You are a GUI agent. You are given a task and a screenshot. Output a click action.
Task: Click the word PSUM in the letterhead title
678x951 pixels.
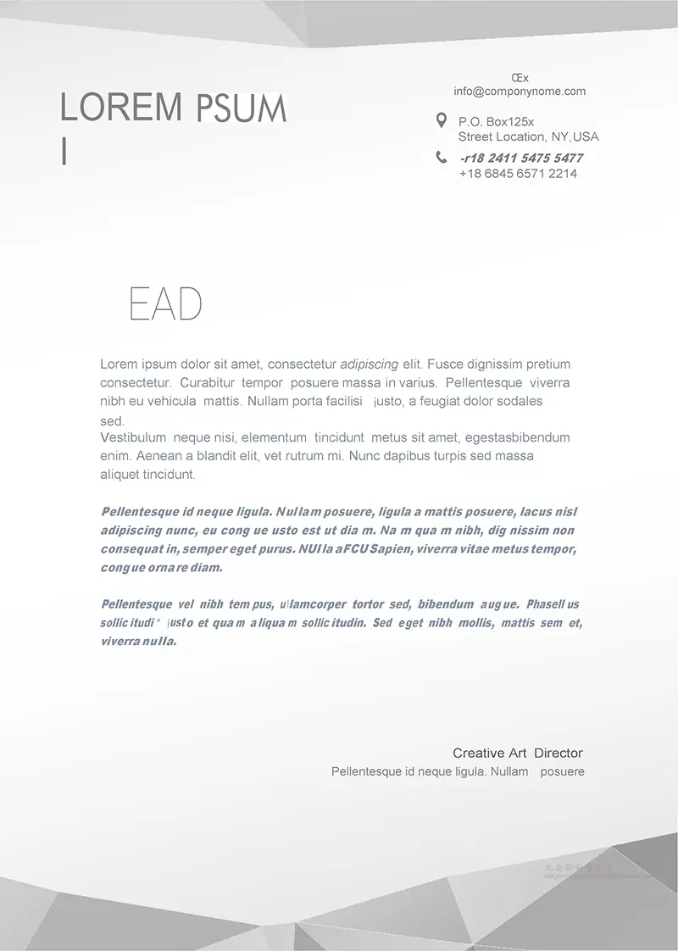click(x=242, y=109)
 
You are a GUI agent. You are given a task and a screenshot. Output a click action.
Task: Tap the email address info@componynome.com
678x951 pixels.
click(x=520, y=92)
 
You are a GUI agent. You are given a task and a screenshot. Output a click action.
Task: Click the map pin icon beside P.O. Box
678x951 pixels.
click(x=441, y=120)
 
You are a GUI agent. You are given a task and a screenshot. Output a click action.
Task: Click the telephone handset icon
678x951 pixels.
click(x=442, y=157)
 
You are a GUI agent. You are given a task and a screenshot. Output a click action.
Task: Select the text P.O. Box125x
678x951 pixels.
click(x=497, y=122)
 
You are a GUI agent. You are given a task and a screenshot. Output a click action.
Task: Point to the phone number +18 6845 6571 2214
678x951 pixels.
click(x=518, y=174)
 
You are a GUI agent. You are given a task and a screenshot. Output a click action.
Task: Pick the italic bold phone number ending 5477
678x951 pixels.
click(x=521, y=158)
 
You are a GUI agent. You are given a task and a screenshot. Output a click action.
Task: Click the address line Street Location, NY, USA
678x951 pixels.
click(x=528, y=136)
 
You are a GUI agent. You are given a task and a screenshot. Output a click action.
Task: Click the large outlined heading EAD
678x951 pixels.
click(x=165, y=304)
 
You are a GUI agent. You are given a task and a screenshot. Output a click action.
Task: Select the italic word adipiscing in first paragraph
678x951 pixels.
click(x=369, y=364)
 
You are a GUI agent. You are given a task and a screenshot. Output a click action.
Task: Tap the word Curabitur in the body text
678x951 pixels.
click(x=207, y=383)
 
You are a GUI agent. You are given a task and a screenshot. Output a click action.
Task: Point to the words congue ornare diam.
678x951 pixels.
click(x=161, y=568)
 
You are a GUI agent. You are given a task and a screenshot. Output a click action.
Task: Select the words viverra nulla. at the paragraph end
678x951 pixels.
click(x=138, y=642)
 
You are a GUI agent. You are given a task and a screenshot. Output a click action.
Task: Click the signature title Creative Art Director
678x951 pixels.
click(x=517, y=753)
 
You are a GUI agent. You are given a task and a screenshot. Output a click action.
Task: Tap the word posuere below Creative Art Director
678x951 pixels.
click(x=562, y=772)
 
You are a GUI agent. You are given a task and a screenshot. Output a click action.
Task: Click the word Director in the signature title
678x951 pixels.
click(x=559, y=753)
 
